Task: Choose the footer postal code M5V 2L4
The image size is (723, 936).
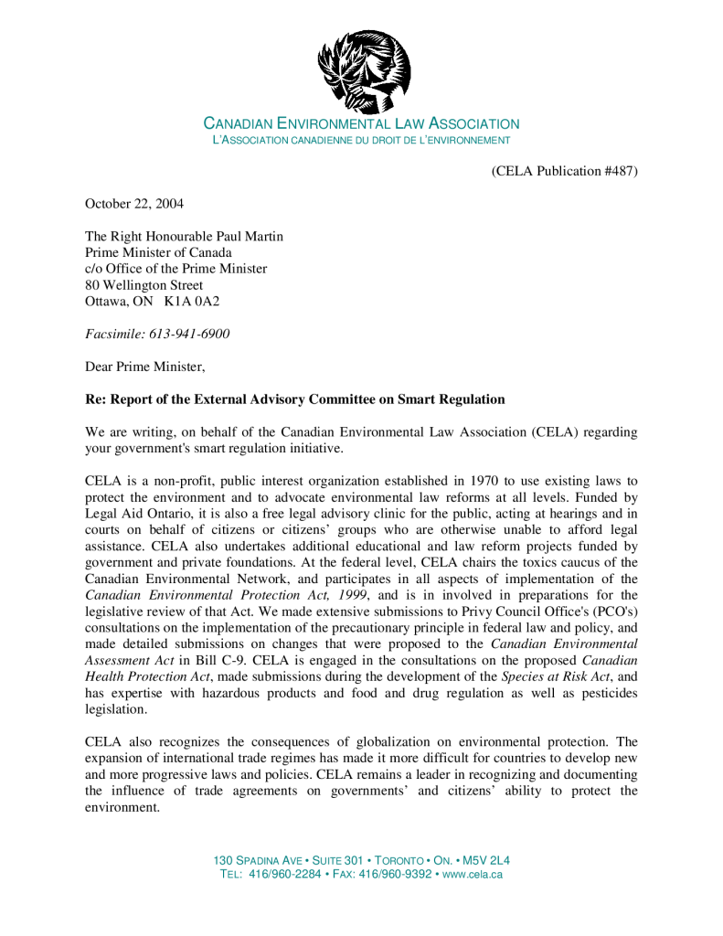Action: point(486,861)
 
